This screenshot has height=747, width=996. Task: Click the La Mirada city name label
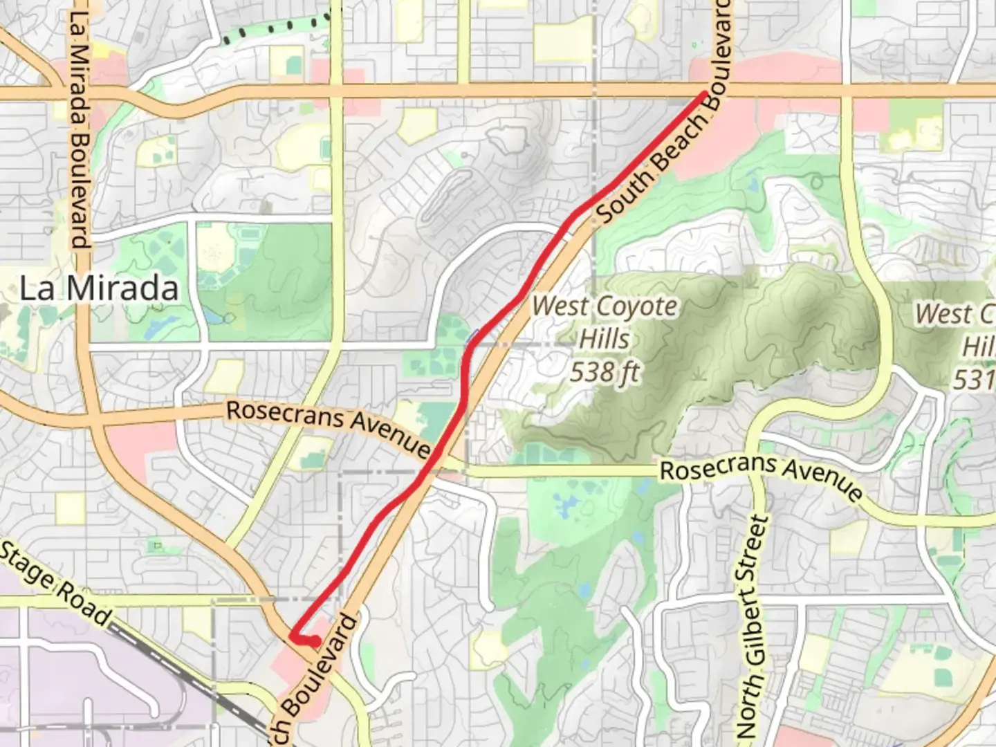[x=99, y=288]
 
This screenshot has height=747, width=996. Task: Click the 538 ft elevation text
[x=605, y=373]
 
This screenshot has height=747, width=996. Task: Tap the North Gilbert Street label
[x=753, y=626]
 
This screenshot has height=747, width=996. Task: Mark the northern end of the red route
[x=704, y=93]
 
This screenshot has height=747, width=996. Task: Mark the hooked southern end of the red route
[x=315, y=643]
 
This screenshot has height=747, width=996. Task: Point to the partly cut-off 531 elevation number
[x=975, y=378]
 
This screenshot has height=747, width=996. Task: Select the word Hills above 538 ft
[x=605, y=340]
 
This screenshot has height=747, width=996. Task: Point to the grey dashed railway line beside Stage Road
[x=187, y=674]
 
